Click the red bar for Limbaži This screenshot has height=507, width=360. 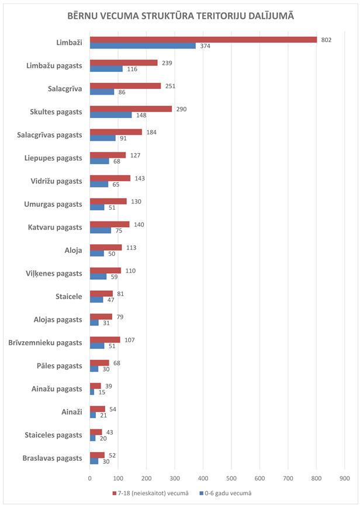203,40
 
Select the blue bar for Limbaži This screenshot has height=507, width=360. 143,46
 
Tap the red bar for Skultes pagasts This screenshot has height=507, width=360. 131,109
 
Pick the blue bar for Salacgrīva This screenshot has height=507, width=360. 102,92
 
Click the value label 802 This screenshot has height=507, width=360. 326,40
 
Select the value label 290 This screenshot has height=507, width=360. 181,109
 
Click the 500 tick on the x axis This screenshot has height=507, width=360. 231,479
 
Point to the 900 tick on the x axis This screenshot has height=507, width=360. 344,479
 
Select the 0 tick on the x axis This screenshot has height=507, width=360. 90,479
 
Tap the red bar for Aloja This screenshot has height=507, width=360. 106,247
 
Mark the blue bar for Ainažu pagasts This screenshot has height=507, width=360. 92,392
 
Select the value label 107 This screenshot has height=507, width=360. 129,339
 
